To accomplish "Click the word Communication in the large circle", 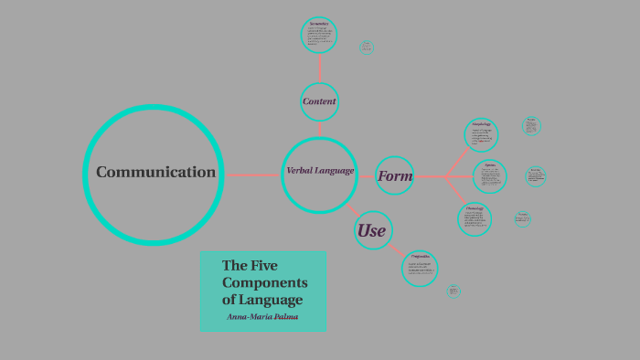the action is (155, 172).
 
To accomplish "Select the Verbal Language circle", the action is (319, 174).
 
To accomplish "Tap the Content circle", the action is (319, 101).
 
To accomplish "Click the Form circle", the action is (395, 175).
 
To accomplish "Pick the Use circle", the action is (371, 230).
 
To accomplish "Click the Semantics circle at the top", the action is (319, 36).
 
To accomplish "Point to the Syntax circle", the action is (490, 175).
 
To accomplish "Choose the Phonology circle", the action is (475, 218).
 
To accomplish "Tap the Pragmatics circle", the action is (420, 268).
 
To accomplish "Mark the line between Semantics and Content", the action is (319, 68).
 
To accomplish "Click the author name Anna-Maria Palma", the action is (262, 317).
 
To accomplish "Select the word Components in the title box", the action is (264, 282).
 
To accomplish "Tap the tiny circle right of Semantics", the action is (367, 47).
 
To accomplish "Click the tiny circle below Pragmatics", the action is (453, 291).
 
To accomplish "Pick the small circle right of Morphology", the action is (531, 126).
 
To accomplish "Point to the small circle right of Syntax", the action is (536, 176).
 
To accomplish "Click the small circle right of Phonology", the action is (523, 218).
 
